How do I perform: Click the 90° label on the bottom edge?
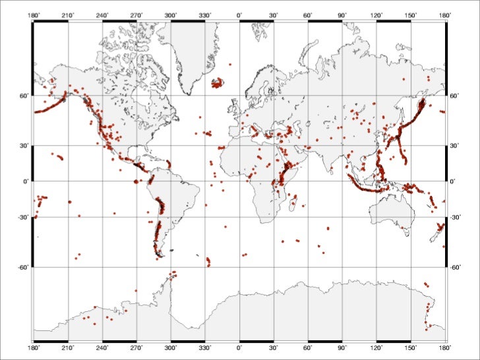pos(342,346)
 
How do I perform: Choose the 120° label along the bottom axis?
pos(376,346)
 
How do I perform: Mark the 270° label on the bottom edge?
pos(136,346)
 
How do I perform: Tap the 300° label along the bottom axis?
pos(171,346)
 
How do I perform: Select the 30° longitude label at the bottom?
pos(274,346)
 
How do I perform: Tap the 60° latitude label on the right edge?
pos(454,96)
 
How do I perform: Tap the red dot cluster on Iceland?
pos(217,84)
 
